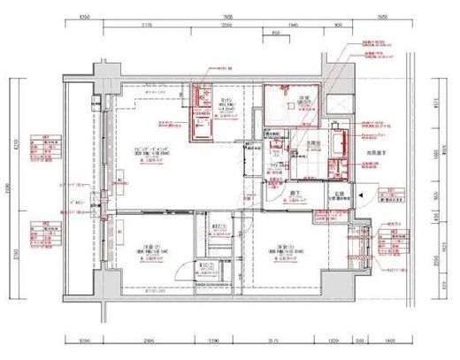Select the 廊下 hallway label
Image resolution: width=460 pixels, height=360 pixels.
point(290,189)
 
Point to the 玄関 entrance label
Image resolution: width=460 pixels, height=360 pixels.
point(338,193)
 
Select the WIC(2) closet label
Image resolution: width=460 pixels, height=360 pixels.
point(205,266)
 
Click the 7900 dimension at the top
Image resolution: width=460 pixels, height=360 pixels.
point(227,17)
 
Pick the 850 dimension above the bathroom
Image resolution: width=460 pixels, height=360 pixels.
point(277,34)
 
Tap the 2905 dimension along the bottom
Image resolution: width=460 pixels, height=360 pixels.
point(148,340)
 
